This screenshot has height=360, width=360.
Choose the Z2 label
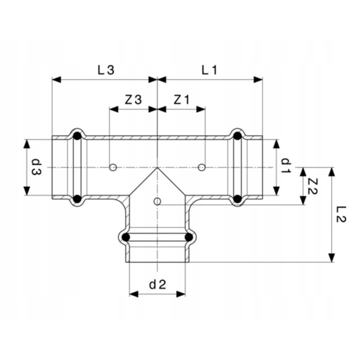(x=312, y=185)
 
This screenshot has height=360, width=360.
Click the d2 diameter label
(x=156, y=283)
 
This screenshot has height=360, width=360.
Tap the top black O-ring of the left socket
(x=77, y=136)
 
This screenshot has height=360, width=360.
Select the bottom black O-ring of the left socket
(x=77, y=199)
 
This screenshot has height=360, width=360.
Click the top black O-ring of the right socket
(x=237, y=136)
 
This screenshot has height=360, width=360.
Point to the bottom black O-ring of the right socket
(x=237, y=199)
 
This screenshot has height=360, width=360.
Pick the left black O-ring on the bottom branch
(x=125, y=238)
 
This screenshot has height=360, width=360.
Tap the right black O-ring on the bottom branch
(x=189, y=238)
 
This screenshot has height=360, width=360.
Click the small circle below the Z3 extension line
(x=113, y=167)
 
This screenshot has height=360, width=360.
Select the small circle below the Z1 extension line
(x=202, y=167)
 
